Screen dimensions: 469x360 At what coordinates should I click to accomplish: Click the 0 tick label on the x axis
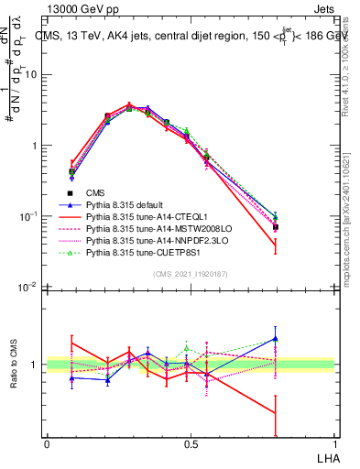pyautogui.click(x=47, y=443)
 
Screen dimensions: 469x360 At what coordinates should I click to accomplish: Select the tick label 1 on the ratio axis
pyautogui.click(x=36, y=365)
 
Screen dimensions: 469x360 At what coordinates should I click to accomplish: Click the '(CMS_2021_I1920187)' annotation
pyautogui.click(x=190, y=273)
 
